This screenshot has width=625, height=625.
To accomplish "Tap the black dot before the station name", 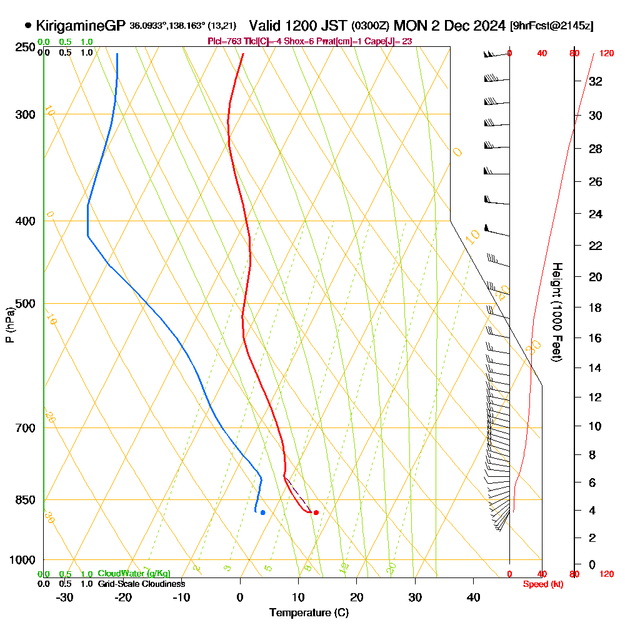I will tap(28, 26).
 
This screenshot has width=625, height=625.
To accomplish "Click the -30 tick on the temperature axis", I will tap(64, 597).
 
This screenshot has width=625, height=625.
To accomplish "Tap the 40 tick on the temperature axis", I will tap(474, 597).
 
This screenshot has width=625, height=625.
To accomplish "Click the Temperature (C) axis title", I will tap(309, 612).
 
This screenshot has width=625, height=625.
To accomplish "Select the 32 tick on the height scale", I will tap(596, 81).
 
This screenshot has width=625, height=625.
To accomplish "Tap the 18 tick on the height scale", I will tap(596, 307).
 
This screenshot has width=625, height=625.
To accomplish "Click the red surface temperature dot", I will tap(316, 512).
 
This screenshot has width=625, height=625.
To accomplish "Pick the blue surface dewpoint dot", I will tap(262, 512).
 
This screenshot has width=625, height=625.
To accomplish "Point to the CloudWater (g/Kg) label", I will tap(134, 574).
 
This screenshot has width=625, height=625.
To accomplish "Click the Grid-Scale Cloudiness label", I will tap(141, 584).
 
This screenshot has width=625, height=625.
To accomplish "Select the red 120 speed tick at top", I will tap(606, 53).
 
